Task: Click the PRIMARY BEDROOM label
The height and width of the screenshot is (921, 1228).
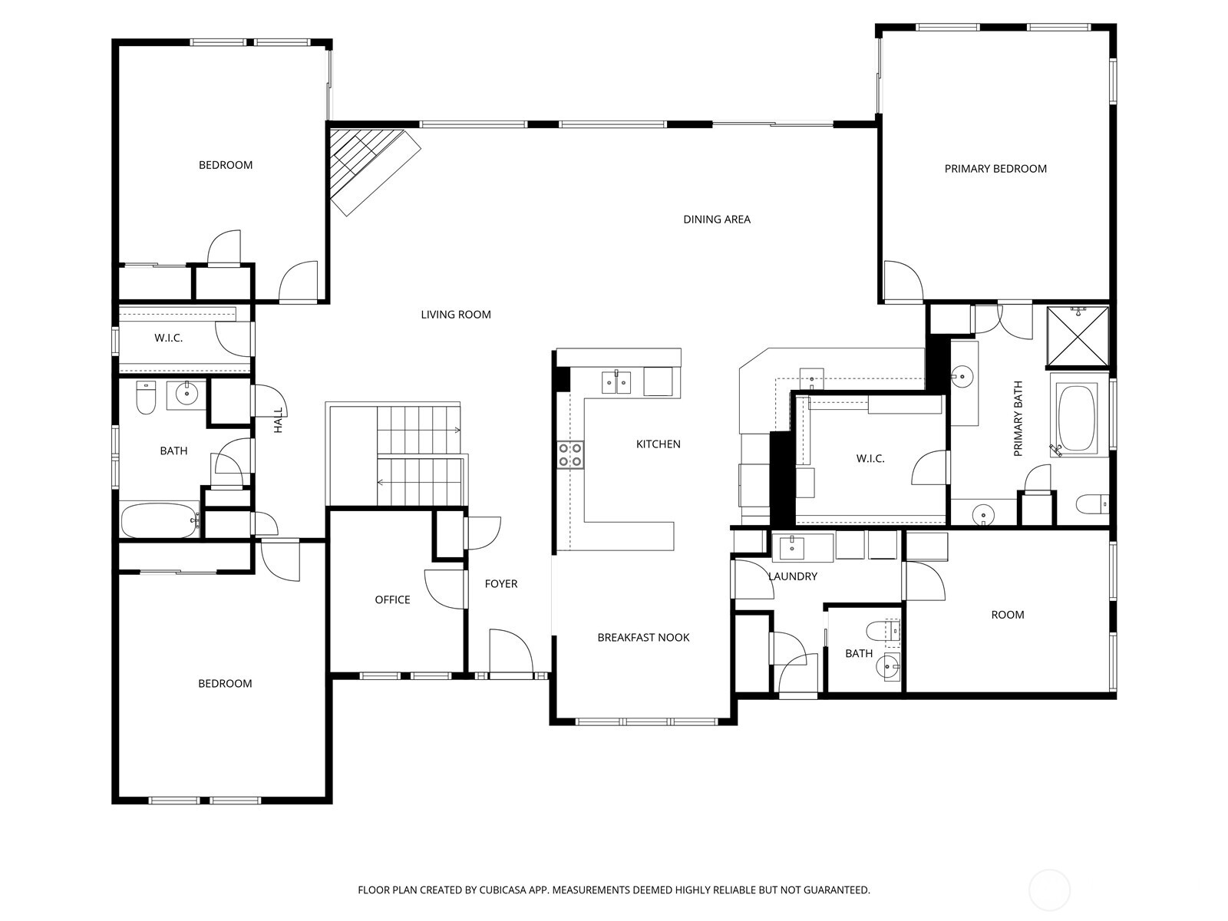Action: (995, 169)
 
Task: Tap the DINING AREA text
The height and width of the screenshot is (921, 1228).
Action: (717, 220)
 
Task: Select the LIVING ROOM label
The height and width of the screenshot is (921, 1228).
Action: (456, 315)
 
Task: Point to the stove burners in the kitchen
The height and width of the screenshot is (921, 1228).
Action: (570, 454)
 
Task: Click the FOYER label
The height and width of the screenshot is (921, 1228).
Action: (501, 584)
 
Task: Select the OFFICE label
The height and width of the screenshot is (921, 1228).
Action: (392, 600)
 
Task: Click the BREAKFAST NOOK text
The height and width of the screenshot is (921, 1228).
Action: (643, 638)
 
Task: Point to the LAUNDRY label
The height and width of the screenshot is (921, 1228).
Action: (793, 576)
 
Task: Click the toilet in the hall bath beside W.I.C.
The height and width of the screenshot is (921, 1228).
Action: (146, 397)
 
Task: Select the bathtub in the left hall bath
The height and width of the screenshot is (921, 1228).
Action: (160, 520)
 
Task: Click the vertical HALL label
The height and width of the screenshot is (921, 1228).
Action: (279, 421)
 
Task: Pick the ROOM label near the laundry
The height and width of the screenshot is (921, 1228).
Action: (1007, 615)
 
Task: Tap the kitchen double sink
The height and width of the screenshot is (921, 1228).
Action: (616, 381)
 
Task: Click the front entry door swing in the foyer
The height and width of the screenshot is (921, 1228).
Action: (510, 652)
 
